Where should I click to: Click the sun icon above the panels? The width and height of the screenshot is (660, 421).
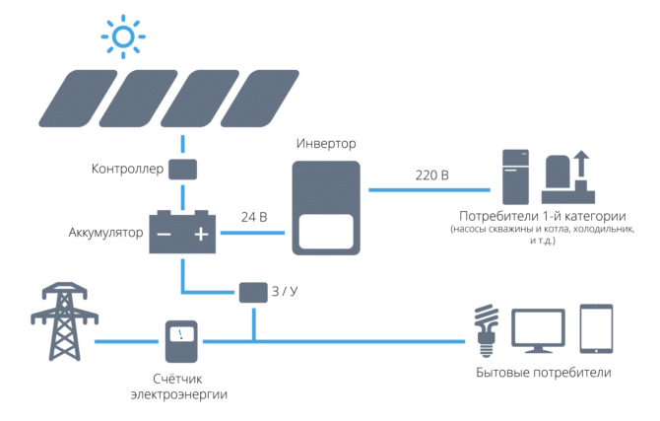(123, 37)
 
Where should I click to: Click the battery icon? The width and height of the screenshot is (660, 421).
(182, 233)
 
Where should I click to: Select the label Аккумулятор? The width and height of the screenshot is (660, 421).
(105, 234)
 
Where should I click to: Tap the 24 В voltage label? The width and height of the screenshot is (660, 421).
(254, 216)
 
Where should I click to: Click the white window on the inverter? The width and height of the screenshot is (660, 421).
(325, 232)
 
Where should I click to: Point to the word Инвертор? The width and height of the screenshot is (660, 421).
(326, 144)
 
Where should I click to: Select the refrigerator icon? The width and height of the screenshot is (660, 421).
(514, 175)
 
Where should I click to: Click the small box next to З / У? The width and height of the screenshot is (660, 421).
(251, 292)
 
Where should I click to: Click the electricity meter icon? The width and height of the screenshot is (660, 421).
(181, 341)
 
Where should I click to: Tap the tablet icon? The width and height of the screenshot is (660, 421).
(596, 328)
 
